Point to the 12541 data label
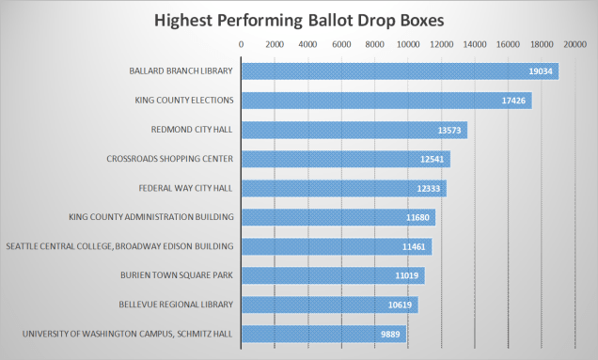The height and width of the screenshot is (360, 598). (x=433, y=159)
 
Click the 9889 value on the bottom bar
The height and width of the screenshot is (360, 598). (x=390, y=334)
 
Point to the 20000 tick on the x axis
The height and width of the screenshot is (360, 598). (x=574, y=44)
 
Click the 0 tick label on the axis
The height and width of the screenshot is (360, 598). (x=242, y=44)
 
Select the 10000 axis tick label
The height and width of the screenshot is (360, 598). (x=408, y=44)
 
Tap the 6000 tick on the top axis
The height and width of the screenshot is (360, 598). (x=341, y=44)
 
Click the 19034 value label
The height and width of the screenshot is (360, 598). (x=541, y=71)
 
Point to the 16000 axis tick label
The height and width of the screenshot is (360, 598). (x=508, y=44)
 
